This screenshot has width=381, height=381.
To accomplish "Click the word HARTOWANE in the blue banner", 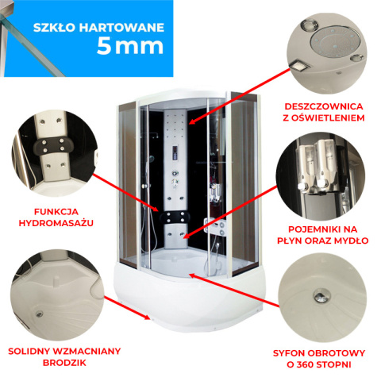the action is pyautogui.click(x=121, y=28).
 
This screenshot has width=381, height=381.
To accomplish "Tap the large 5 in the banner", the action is pyautogui.click(x=103, y=46).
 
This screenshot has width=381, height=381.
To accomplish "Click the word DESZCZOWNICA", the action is pyautogui.click(x=323, y=106).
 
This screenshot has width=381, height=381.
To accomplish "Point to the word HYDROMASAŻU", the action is pyautogui.click(x=56, y=223).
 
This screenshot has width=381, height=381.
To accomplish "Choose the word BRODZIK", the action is pyautogui.click(x=64, y=363).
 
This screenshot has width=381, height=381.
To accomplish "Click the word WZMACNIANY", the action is pyautogui.click(x=87, y=351).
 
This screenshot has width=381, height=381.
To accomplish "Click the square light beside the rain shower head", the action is pyautogui.click(x=299, y=65).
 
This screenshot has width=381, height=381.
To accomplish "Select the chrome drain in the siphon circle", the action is pyautogui.click(x=322, y=295).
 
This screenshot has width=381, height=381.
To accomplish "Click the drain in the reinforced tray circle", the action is pyautogui.click(x=40, y=314).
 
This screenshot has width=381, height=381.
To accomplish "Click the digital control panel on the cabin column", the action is pyautogui.click(x=175, y=153).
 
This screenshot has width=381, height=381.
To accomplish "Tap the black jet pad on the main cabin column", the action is pyautogui.click(x=175, y=217).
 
